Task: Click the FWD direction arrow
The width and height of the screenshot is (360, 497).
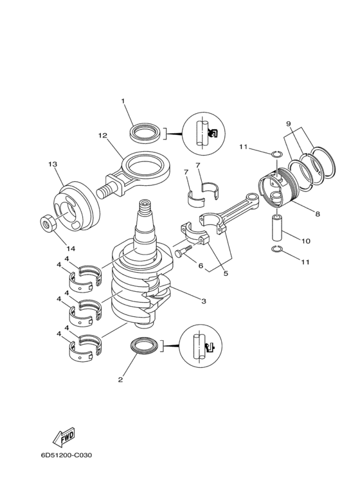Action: point(64,436)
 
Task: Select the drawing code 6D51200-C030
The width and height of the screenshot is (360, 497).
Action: point(66,455)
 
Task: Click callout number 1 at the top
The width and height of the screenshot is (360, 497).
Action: point(123,101)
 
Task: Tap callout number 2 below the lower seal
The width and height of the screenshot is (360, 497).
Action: point(120,379)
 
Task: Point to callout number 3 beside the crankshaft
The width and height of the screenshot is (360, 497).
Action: point(203,301)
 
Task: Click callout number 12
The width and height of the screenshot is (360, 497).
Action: point(103,136)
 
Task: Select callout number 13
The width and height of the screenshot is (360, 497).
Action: point(53,164)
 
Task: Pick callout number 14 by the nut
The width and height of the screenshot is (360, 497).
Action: point(71,248)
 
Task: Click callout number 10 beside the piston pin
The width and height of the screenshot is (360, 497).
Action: point(306,241)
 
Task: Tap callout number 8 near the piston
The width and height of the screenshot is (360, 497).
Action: point(317,214)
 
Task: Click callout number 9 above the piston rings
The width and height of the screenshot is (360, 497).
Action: point(289,123)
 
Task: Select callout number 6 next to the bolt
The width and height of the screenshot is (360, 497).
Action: point(201,266)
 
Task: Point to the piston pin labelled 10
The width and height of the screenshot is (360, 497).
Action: point(278,228)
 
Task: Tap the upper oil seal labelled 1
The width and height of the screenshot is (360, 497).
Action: point(146,133)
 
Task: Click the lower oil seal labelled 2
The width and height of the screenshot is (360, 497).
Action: point(145,347)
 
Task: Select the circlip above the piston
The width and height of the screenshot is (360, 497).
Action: point(276,154)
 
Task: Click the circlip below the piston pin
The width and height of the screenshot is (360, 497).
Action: point(276,249)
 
